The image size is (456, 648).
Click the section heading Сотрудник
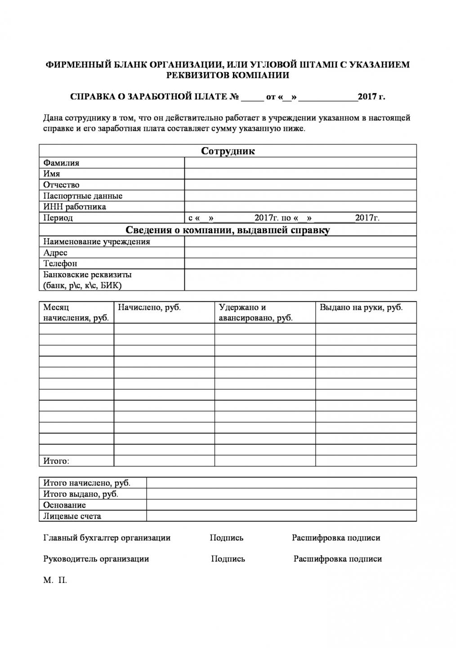228,151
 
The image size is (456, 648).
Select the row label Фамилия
61,163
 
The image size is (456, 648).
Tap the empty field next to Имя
300,174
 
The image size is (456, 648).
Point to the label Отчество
61,185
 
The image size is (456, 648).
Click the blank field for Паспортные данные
300,196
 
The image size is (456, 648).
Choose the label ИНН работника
75,207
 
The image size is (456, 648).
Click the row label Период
58,218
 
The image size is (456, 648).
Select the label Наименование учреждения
97,242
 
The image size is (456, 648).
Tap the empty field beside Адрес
300,252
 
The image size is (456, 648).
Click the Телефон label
60,264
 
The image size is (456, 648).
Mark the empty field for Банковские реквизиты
300,280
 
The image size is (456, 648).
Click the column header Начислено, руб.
149,307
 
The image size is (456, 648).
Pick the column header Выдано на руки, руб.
361,307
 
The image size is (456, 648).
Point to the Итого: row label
56,461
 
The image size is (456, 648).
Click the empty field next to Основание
281,505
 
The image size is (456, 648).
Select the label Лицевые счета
72,516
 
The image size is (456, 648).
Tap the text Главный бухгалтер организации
107,538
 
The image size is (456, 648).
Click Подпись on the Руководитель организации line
228,559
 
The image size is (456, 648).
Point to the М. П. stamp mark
55,580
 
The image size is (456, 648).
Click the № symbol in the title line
234,97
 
